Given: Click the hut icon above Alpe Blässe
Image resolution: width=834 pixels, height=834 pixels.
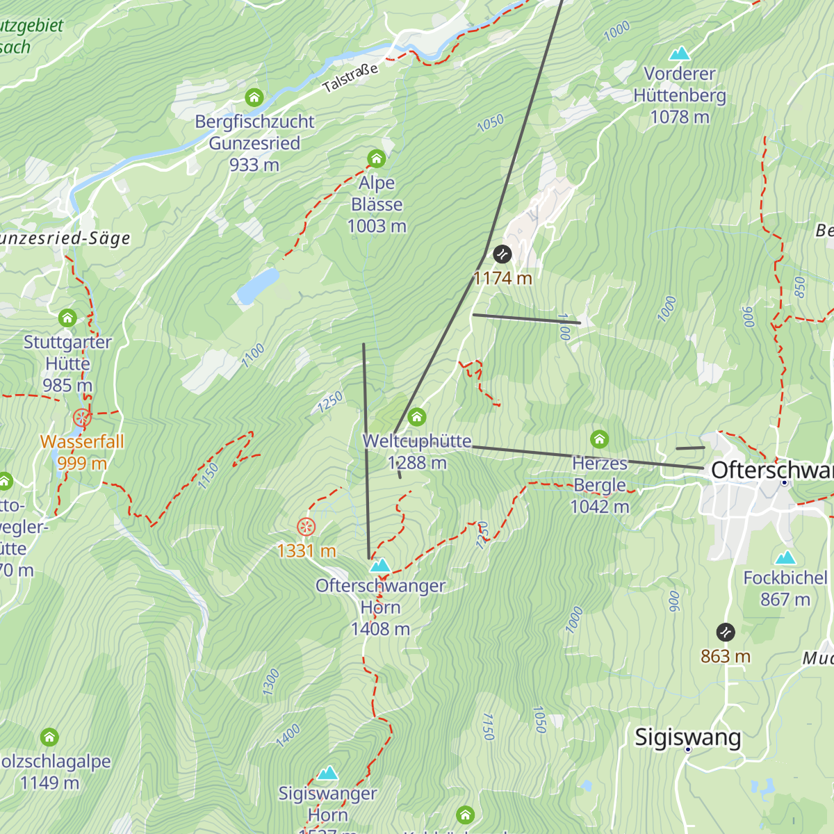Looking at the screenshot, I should (x=376, y=159).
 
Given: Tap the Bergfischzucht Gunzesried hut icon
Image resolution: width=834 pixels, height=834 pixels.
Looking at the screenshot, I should (x=254, y=97).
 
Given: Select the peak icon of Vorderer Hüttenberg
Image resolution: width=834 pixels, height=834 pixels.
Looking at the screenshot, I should (x=679, y=54).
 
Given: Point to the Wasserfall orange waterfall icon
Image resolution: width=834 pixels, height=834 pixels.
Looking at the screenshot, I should (x=82, y=418).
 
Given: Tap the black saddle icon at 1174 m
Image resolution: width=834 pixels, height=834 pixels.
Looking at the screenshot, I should (x=502, y=254).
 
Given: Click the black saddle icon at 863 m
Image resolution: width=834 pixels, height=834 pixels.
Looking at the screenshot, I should (x=725, y=632).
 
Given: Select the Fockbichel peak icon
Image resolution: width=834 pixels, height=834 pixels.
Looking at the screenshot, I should (x=785, y=557).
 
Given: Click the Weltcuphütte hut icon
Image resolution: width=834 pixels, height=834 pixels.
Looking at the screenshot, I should (x=416, y=417).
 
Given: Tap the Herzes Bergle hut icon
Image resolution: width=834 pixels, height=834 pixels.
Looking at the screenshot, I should (x=599, y=439).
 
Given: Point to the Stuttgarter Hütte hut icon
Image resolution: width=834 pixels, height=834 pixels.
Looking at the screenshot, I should (x=67, y=318).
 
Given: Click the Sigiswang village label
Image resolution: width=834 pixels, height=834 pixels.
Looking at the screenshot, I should (x=687, y=737).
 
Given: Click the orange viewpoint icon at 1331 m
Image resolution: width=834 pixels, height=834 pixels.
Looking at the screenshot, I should (x=306, y=527).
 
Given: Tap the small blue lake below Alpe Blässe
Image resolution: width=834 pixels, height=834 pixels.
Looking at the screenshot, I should (x=257, y=286).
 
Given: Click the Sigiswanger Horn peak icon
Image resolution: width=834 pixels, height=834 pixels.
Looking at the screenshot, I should (x=327, y=773).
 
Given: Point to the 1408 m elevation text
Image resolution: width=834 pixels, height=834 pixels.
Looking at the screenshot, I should (x=380, y=629).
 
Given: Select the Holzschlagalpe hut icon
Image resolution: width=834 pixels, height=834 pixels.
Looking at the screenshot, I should (x=49, y=737).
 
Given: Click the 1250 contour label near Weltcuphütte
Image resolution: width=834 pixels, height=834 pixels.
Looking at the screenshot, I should (x=331, y=402).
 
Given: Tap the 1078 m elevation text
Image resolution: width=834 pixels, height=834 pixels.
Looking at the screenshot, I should (x=679, y=117).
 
